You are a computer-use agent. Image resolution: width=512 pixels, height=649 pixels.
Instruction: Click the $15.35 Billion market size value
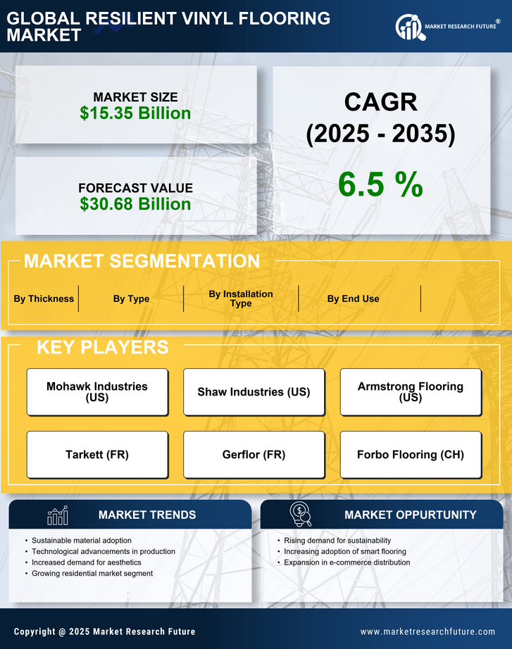(x=135, y=113)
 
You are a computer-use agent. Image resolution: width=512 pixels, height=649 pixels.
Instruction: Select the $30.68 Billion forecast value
(x=135, y=204)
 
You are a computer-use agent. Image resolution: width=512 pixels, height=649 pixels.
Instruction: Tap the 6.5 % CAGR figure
(x=380, y=184)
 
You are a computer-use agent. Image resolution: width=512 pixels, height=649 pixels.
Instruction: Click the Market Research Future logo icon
(x=408, y=27)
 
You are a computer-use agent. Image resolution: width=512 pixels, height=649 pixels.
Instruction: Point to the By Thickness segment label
(x=44, y=298)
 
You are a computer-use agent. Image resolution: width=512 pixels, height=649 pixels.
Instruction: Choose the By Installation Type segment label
(x=241, y=298)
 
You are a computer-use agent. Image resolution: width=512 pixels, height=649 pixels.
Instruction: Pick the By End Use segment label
(x=353, y=298)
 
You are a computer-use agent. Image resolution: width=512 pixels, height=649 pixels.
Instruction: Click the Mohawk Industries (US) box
(x=97, y=391)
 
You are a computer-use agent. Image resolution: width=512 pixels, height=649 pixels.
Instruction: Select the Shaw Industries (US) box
(x=254, y=391)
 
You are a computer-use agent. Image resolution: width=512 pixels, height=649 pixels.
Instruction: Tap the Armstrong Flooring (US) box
(x=411, y=391)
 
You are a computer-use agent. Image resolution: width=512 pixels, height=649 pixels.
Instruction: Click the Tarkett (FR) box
(x=97, y=455)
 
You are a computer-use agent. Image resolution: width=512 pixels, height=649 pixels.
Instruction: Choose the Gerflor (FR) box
(x=254, y=455)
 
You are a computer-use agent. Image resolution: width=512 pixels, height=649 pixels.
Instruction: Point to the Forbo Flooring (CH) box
(x=411, y=455)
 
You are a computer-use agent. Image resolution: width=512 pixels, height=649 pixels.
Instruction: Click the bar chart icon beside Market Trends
(x=57, y=515)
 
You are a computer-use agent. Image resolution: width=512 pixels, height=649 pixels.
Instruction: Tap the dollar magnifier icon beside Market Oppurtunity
(x=300, y=515)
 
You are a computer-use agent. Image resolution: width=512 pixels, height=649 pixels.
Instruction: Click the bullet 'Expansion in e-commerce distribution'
(x=346, y=562)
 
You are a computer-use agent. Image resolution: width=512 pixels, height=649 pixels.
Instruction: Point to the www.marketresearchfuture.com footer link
(x=427, y=631)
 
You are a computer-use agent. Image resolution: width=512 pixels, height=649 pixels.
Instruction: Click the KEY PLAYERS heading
(x=102, y=347)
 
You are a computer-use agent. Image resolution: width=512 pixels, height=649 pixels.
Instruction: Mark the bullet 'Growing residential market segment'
(x=92, y=574)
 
